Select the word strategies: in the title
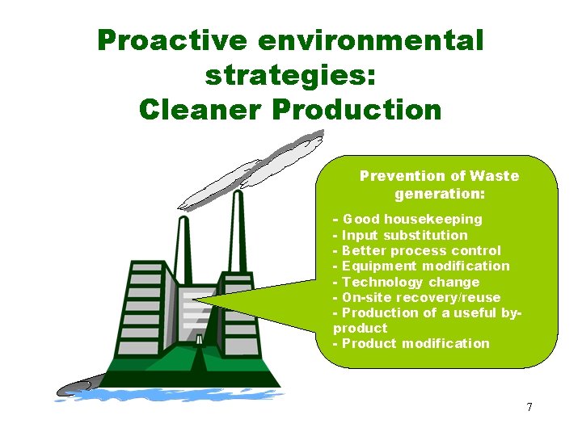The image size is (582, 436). (x=290, y=75)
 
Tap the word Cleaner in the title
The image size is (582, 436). (x=202, y=109)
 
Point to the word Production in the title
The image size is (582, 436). (x=357, y=109)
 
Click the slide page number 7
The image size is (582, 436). (x=529, y=407)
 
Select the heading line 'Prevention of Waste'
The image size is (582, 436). (x=439, y=176)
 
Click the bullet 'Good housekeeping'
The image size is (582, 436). (x=411, y=220)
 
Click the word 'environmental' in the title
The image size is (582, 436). (x=379, y=40)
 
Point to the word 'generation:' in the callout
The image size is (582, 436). (x=439, y=194)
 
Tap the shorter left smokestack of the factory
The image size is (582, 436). (x=199, y=234)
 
